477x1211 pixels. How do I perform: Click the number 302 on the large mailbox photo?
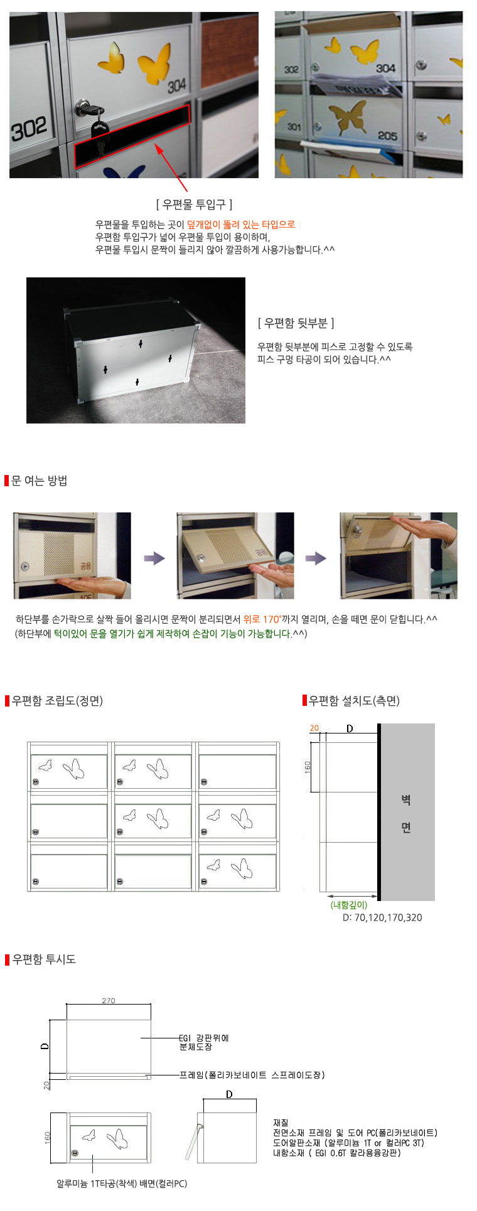pyautogui.click(x=29, y=130)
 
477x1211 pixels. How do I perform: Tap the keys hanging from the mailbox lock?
pyautogui.click(x=99, y=129)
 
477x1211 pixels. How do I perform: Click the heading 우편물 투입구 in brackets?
pyautogui.click(x=194, y=204)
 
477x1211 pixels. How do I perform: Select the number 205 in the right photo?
pyautogui.click(x=387, y=136)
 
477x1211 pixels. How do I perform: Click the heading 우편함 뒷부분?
pyautogui.click(x=296, y=323)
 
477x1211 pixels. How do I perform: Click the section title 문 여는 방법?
pyautogui.click(x=40, y=481)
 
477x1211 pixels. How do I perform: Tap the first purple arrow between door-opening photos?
pyautogui.click(x=154, y=558)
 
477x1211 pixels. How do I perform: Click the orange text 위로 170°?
pyautogui.click(x=262, y=619)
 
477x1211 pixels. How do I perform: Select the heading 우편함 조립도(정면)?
pyautogui.click(x=57, y=701)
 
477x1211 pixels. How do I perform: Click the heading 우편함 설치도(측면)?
pyautogui.click(x=354, y=701)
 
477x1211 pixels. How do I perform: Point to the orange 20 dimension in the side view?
pyautogui.click(x=314, y=728)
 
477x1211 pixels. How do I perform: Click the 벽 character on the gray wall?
pyautogui.click(x=406, y=800)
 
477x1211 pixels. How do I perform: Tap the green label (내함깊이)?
pyautogui.click(x=349, y=905)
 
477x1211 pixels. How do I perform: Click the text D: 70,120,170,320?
pyautogui.click(x=382, y=917)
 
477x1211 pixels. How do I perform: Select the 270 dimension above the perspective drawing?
pyautogui.click(x=109, y=1001)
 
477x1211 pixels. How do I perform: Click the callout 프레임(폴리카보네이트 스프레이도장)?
pyautogui.click(x=252, y=1075)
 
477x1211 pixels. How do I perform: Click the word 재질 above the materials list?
pyautogui.click(x=281, y=1123)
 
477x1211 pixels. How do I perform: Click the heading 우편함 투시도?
pyautogui.click(x=44, y=959)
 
